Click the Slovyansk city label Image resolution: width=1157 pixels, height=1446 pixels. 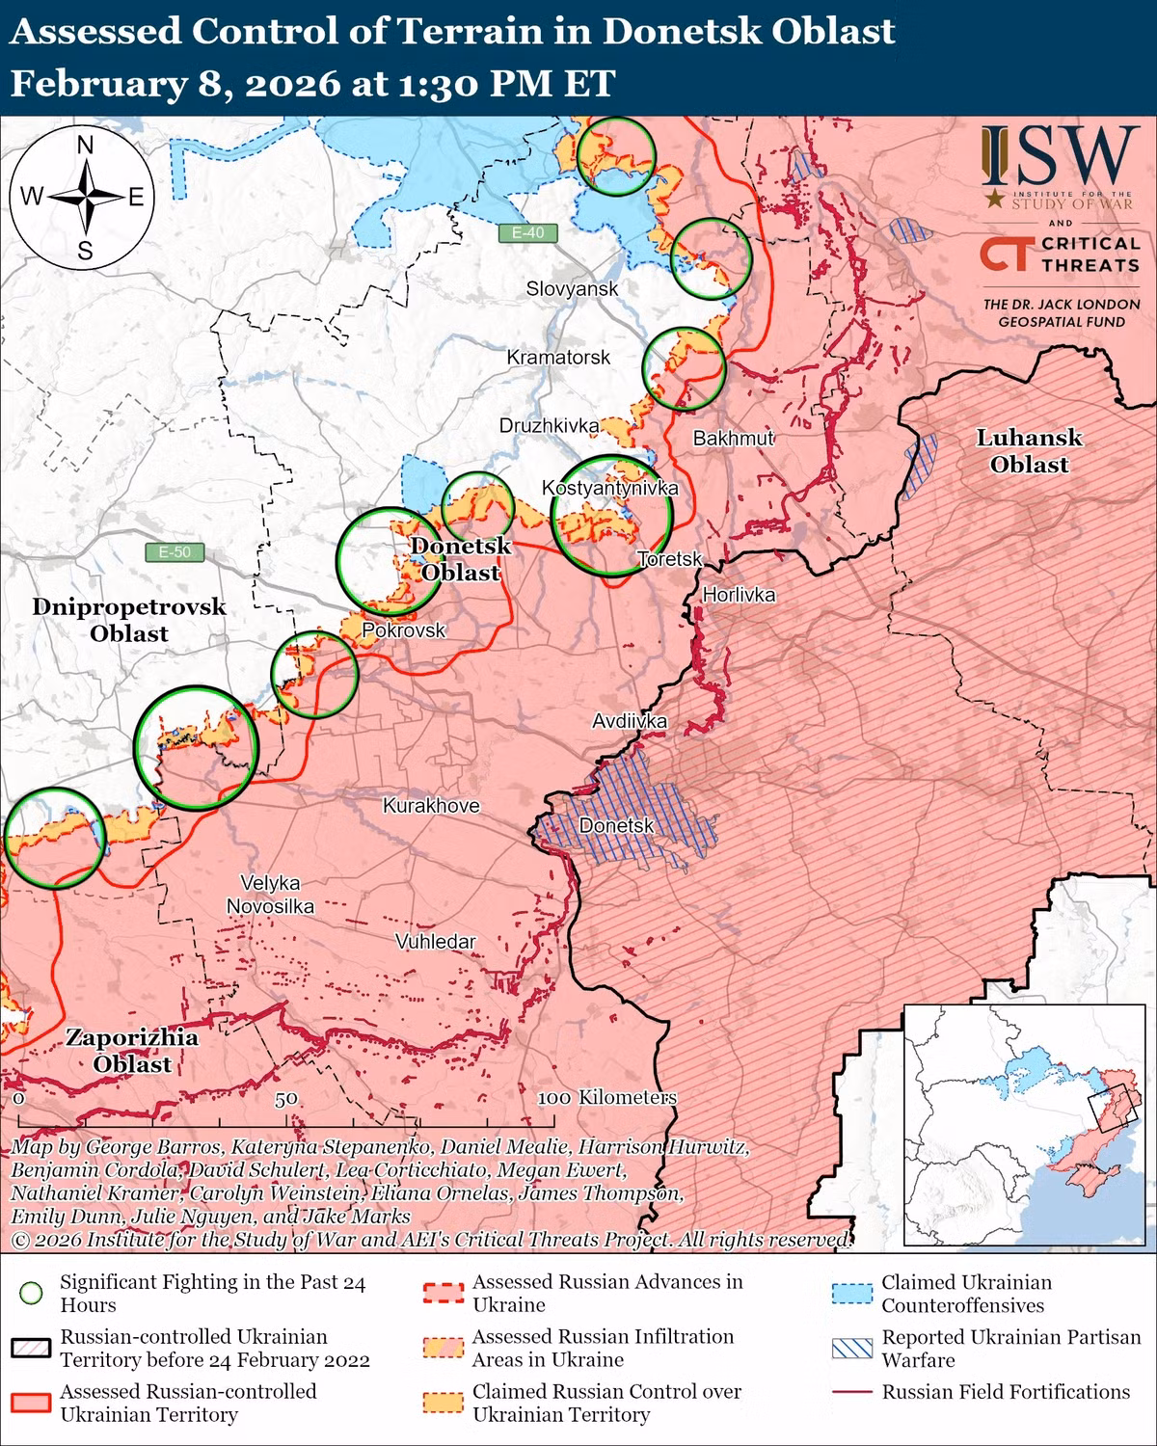coord(572,288)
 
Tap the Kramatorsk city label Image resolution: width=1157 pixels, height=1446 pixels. coord(558,358)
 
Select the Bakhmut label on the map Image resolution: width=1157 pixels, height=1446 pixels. coord(734,439)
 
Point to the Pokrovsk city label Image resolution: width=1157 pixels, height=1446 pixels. coord(403,630)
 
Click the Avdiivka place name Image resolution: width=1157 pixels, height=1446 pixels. coord(630,721)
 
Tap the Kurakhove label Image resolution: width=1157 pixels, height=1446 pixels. coord(431,806)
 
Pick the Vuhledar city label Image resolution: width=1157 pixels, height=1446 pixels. coord(435,941)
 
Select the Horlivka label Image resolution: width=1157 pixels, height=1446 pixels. coord(739,595)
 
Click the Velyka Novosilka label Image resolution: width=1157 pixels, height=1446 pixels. coord(270,895)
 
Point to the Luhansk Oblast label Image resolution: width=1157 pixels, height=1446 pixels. coord(1029,451)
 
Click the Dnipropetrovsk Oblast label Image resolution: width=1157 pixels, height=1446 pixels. coord(129,620)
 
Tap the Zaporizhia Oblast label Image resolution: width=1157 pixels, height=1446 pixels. coord(132,1051)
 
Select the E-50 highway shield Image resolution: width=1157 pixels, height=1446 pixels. coord(175,552)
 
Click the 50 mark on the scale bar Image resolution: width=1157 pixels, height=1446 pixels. coord(285,1099)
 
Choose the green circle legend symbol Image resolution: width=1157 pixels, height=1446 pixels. coord(33,1294)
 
